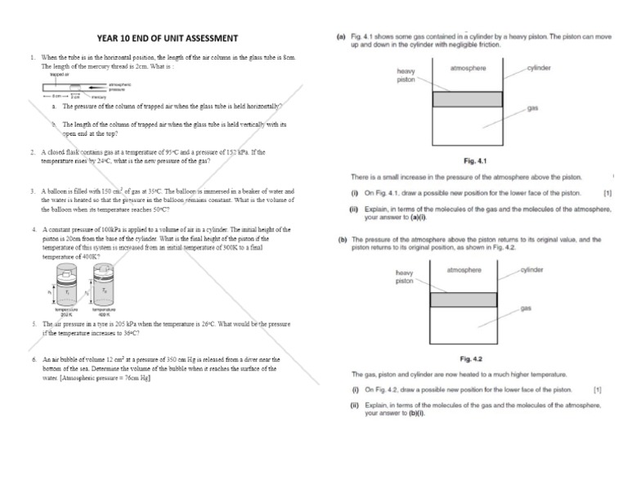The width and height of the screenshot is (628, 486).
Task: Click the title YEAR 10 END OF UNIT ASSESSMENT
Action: (x=167, y=38)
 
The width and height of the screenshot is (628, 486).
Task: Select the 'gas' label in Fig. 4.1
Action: (x=532, y=107)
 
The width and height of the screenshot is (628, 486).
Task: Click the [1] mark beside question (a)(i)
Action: (x=607, y=193)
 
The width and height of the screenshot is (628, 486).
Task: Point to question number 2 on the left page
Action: (x=31, y=152)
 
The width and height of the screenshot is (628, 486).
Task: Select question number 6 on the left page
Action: (x=31, y=359)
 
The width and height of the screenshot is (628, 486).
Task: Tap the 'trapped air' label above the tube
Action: (x=50, y=74)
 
